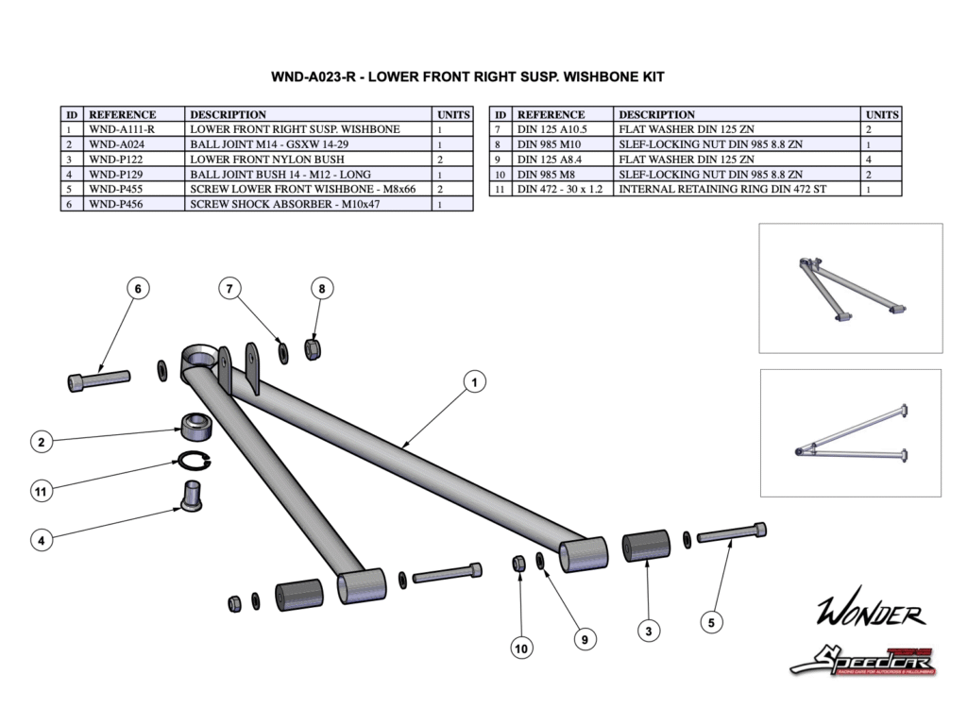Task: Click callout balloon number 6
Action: [x=138, y=289]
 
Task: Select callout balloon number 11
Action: [x=40, y=491]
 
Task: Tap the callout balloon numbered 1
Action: [x=474, y=381]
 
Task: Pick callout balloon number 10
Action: [x=521, y=648]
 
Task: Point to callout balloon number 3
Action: [x=648, y=631]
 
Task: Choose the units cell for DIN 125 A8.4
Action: [x=882, y=160]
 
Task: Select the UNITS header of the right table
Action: [x=882, y=114]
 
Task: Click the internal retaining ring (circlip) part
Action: [x=195, y=462]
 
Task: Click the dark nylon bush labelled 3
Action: [x=646, y=548]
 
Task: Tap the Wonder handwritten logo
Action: [x=870, y=614]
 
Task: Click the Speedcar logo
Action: [x=861, y=660]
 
